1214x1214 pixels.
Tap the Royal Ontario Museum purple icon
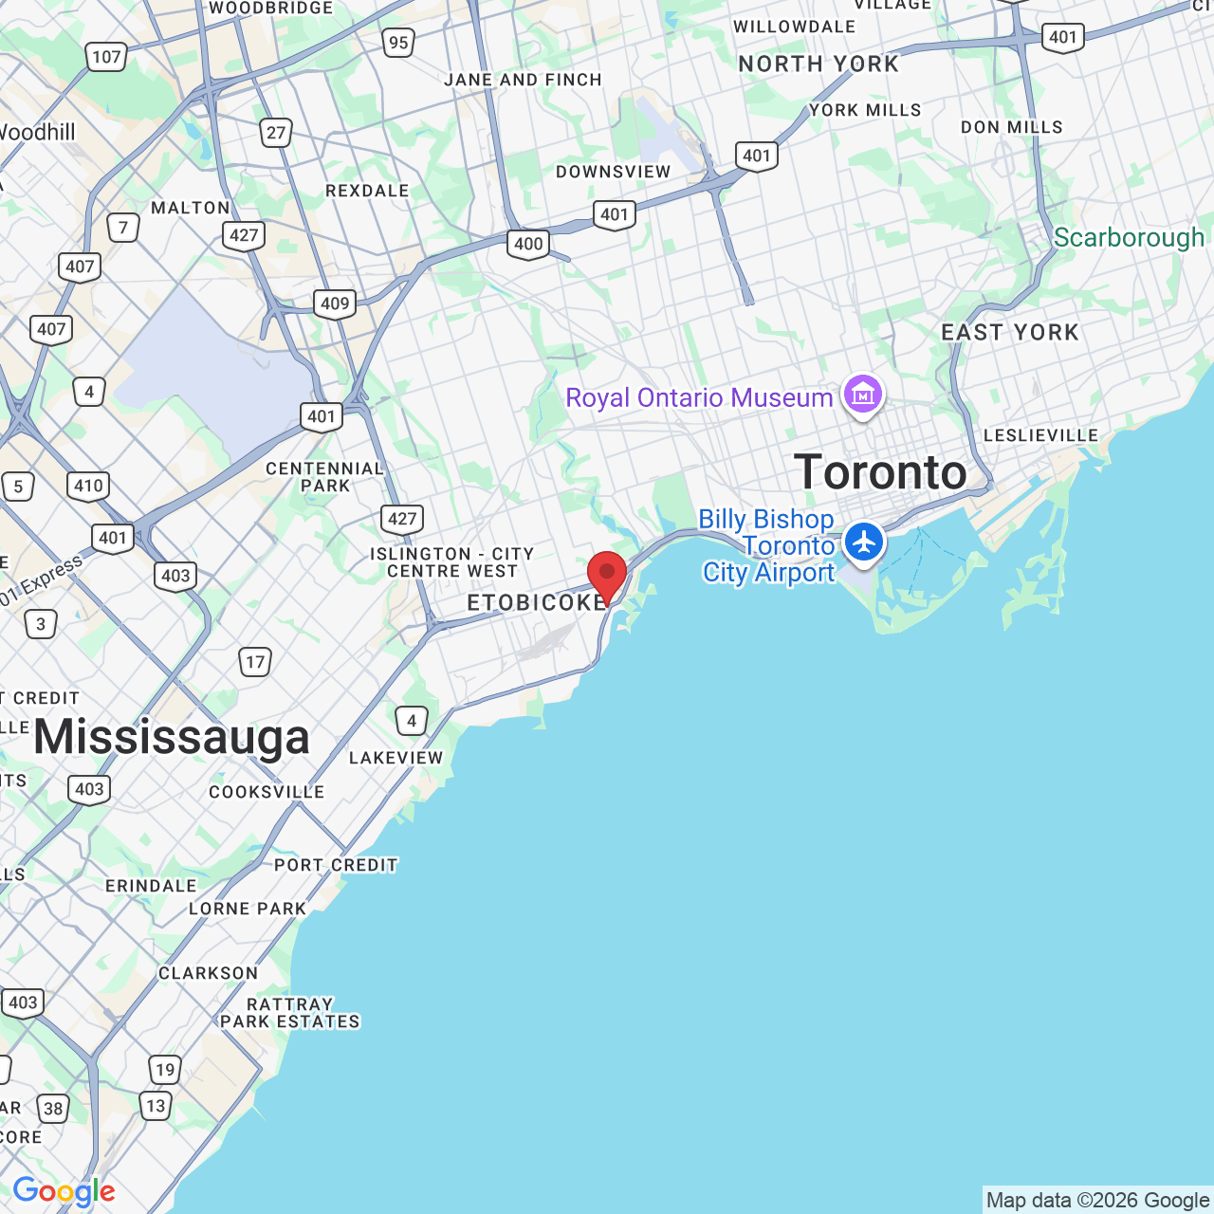[x=863, y=395]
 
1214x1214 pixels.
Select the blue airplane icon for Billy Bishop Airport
[x=863, y=543]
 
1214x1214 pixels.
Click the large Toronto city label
[x=880, y=472]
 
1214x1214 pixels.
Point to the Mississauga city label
[x=172, y=738]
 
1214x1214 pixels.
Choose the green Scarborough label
[x=1129, y=237]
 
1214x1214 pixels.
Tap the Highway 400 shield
[x=528, y=244]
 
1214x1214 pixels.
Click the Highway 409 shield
[x=335, y=303]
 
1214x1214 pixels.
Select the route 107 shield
[x=106, y=57]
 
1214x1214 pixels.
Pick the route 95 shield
[x=398, y=42]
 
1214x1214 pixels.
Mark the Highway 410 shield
[x=88, y=486]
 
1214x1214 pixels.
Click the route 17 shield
[x=255, y=662]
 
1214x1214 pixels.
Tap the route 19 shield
[x=165, y=1070]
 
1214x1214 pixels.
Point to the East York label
[x=1010, y=333]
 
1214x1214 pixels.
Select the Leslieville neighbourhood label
[x=1040, y=435]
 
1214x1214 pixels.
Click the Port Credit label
[x=336, y=865]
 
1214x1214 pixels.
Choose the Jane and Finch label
[x=523, y=80]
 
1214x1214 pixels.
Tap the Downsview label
[x=613, y=172]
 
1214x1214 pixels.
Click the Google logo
[x=64, y=1191]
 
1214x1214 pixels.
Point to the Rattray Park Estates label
[x=290, y=1013]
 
